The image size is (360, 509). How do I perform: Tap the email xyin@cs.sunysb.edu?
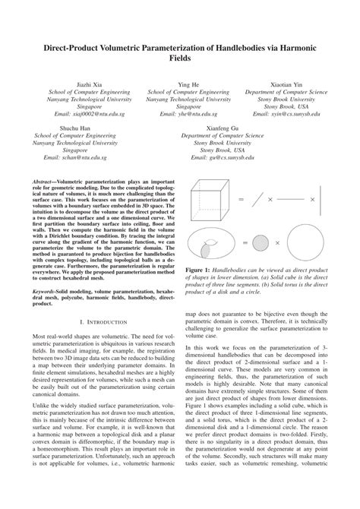click(290, 114)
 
